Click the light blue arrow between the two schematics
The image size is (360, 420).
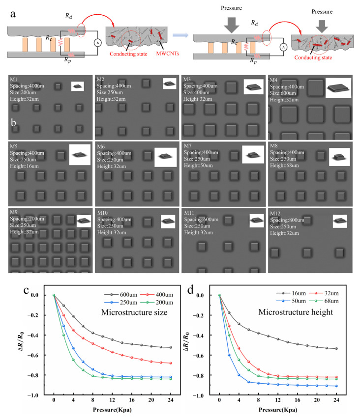click(x=179, y=36)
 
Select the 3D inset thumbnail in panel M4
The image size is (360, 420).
click(x=338, y=87)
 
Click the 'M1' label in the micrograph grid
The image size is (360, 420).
click(x=15, y=80)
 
